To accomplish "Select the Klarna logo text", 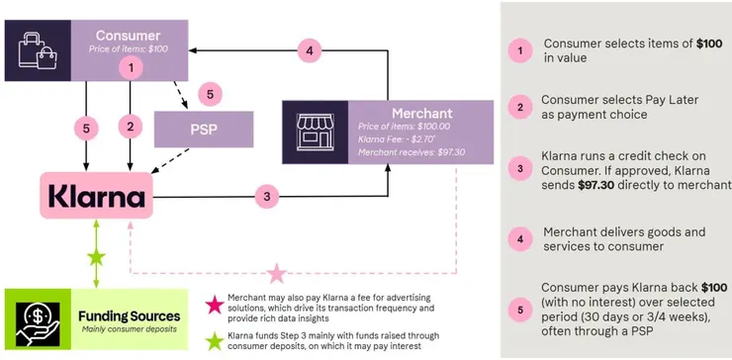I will pyautogui.click(x=96, y=195).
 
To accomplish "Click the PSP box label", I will pyautogui.click(x=204, y=130).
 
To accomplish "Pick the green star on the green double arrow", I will pyautogui.click(x=96, y=258).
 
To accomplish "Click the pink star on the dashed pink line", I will pyautogui.click(x=278, y=270).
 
